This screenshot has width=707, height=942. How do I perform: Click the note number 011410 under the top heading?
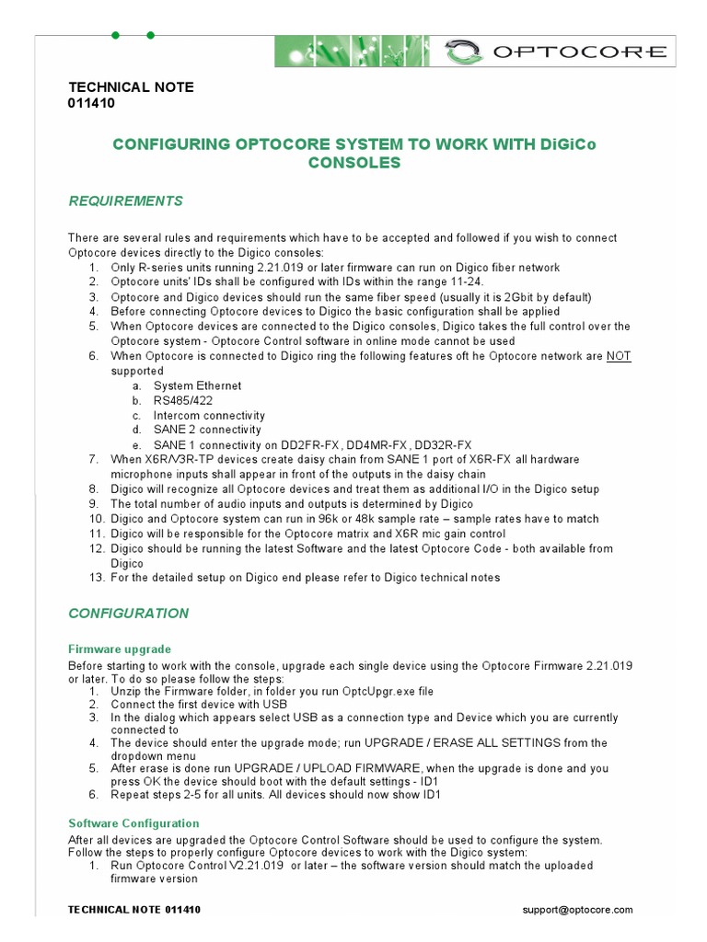tap(92, 103)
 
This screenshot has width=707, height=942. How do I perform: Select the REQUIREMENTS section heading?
tap(126, 201)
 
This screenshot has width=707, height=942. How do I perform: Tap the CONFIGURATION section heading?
tap(129, 614)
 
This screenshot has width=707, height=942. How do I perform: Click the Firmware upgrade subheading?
tap(120, 649)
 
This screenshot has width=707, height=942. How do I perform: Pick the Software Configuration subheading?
tap(134, 823)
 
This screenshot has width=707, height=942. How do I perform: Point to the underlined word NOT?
tap(619, 356)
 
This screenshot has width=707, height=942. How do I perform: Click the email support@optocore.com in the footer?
tap(577, 910)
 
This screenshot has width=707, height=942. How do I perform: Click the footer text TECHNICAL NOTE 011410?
tap(134, 910)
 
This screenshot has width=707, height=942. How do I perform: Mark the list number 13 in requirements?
tap(96, 578)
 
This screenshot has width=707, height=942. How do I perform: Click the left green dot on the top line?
tap(115, 35)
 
